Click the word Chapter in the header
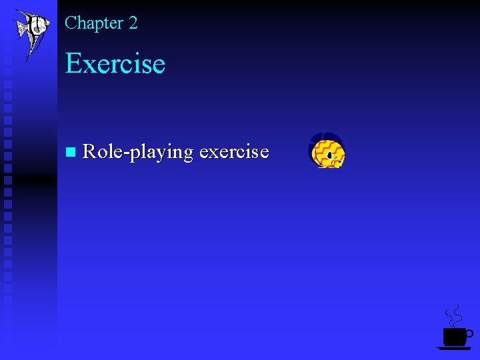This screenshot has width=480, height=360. [93, 23]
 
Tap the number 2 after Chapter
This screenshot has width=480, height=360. [133, 23]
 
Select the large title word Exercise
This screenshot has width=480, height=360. [115, 64]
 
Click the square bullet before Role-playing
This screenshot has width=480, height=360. [71, 153]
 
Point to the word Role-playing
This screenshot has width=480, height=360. [137, 153]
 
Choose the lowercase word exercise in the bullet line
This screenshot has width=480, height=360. [234, 153]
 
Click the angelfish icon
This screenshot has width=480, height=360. [31, 28]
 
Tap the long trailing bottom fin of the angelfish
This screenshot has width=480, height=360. [28, 53]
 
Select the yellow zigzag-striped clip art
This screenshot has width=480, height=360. [326, 151]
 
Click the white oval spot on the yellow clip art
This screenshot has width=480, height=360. [329, 156]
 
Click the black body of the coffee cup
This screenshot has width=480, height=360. [454, 336]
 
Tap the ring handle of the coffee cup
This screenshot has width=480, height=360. [469, 332]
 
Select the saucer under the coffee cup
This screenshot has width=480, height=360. [453, 348]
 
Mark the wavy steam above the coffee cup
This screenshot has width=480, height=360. [453, 315]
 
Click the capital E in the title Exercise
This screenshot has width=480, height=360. [73, 64]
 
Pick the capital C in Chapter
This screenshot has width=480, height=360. [71, 23]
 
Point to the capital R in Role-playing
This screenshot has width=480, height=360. [89, 152]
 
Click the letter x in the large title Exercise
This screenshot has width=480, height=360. [89, 66]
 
